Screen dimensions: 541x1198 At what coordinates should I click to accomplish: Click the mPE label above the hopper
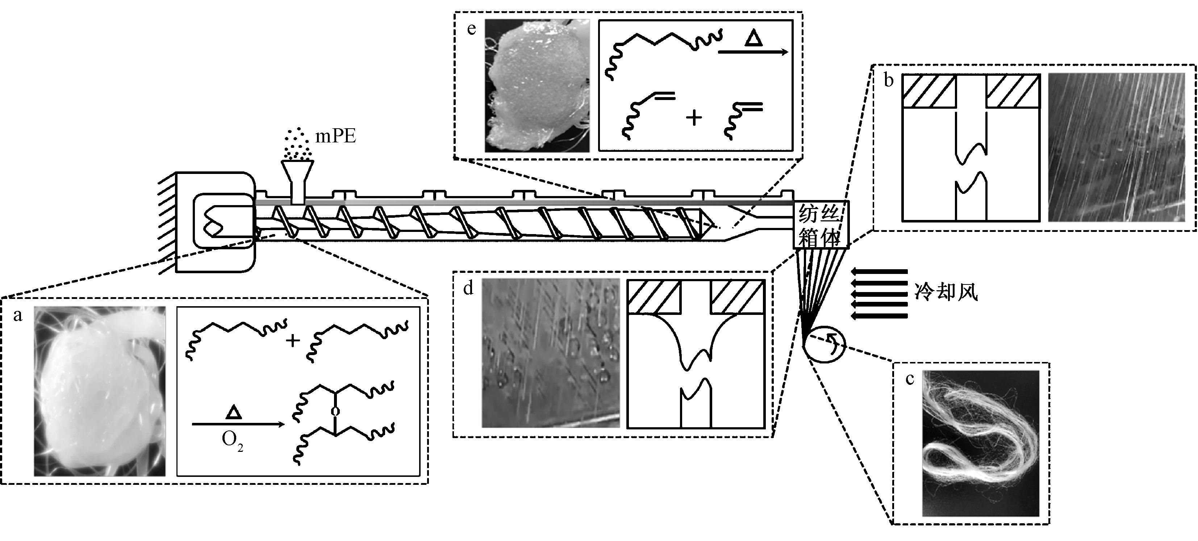[335, 136]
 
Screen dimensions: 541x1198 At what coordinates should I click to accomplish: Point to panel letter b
[889, 80]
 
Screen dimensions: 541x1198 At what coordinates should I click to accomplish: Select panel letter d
[468, 288]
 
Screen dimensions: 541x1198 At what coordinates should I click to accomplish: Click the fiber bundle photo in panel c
[980, 442]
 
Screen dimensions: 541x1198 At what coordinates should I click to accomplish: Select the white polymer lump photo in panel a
[100, 391]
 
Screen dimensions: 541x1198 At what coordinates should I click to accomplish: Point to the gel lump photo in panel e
[537, 86]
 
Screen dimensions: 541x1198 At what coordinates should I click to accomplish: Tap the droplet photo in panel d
[551, 353]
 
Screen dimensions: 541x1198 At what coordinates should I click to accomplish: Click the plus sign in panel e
[693, 118]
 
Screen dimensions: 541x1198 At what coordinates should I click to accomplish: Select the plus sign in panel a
[293, 341]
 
